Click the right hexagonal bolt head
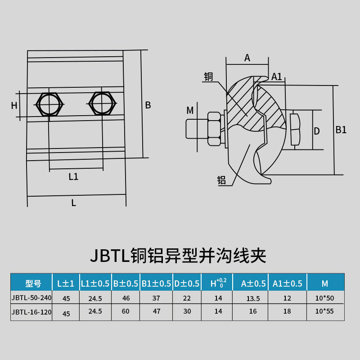103,103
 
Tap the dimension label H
14,106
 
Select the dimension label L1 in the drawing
73,177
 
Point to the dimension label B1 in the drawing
341,130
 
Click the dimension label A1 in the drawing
277,76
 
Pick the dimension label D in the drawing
317,131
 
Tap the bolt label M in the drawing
190,110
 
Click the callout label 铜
208,76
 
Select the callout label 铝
221,180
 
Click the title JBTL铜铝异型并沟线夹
178,256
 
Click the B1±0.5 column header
156,283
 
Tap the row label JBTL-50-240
32,298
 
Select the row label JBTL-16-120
32,312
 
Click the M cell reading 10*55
324,311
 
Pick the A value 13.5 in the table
250,298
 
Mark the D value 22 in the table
186,298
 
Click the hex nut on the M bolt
214,129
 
